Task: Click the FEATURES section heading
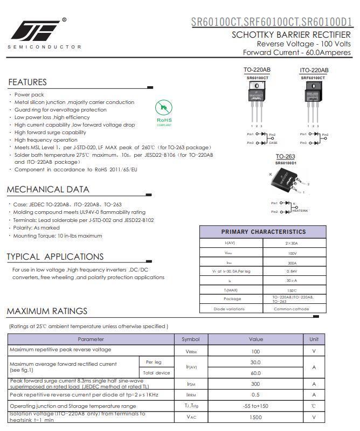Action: [x=27, y=82]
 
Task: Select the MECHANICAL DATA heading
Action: [x=48, y=190]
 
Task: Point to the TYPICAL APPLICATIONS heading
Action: [x=55, y=257]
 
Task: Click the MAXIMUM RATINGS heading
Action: [x=47, y=311]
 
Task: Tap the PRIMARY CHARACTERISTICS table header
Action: [x=263, y=232]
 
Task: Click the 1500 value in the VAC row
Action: [x=255, y=418]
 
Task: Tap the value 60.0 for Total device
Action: [x=255, y=373]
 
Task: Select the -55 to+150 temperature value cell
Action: [x=255, y=406]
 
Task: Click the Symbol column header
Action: [x=190, y=339]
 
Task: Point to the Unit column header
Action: [x=314, y=339]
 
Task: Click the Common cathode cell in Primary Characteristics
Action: [x=291, y=309]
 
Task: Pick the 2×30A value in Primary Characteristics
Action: [x=291, y=244]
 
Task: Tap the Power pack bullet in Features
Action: [x=29, y=95]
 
